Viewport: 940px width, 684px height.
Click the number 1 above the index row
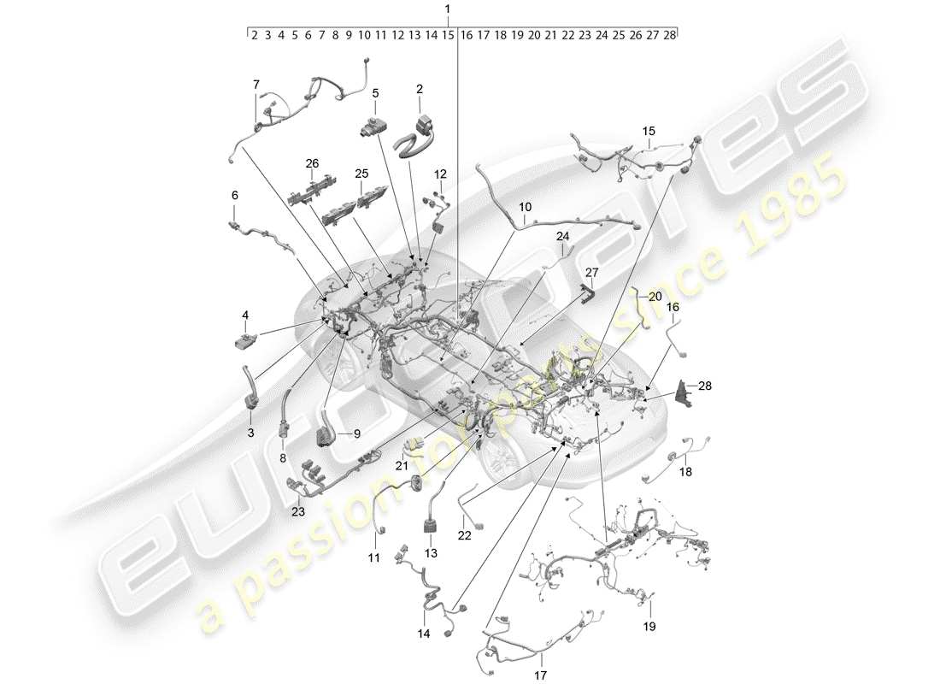tap(447, 9)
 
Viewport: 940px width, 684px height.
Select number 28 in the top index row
tap(670, 36)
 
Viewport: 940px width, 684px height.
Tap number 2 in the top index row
tap(254, 36)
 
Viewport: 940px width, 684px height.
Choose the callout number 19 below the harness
tap(649, 627)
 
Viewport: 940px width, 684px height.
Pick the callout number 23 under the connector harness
tap(297, 513)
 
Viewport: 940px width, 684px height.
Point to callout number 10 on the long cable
tap(525, 207)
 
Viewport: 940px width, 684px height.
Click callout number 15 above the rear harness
tap(649, 131)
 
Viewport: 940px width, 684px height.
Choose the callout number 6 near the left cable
tap(234, 195)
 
